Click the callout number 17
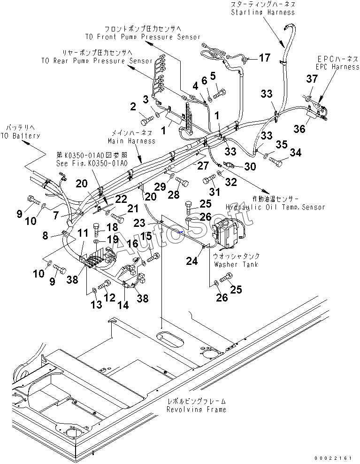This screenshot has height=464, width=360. coord(265,58)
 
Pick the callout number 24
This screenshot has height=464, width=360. coord(191,261)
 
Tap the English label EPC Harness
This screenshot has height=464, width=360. coord(337,67)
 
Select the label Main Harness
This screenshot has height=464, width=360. coord(131,140)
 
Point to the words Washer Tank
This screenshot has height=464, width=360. coord(236,264)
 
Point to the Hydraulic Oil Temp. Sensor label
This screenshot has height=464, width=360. coord(275,207)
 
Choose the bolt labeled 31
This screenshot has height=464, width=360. coord(208,180)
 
